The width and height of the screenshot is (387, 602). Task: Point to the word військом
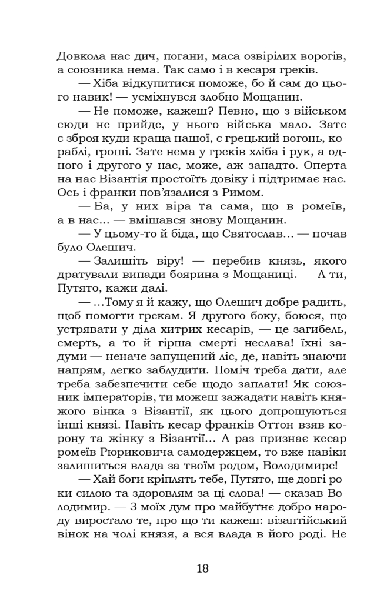[321, 111]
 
